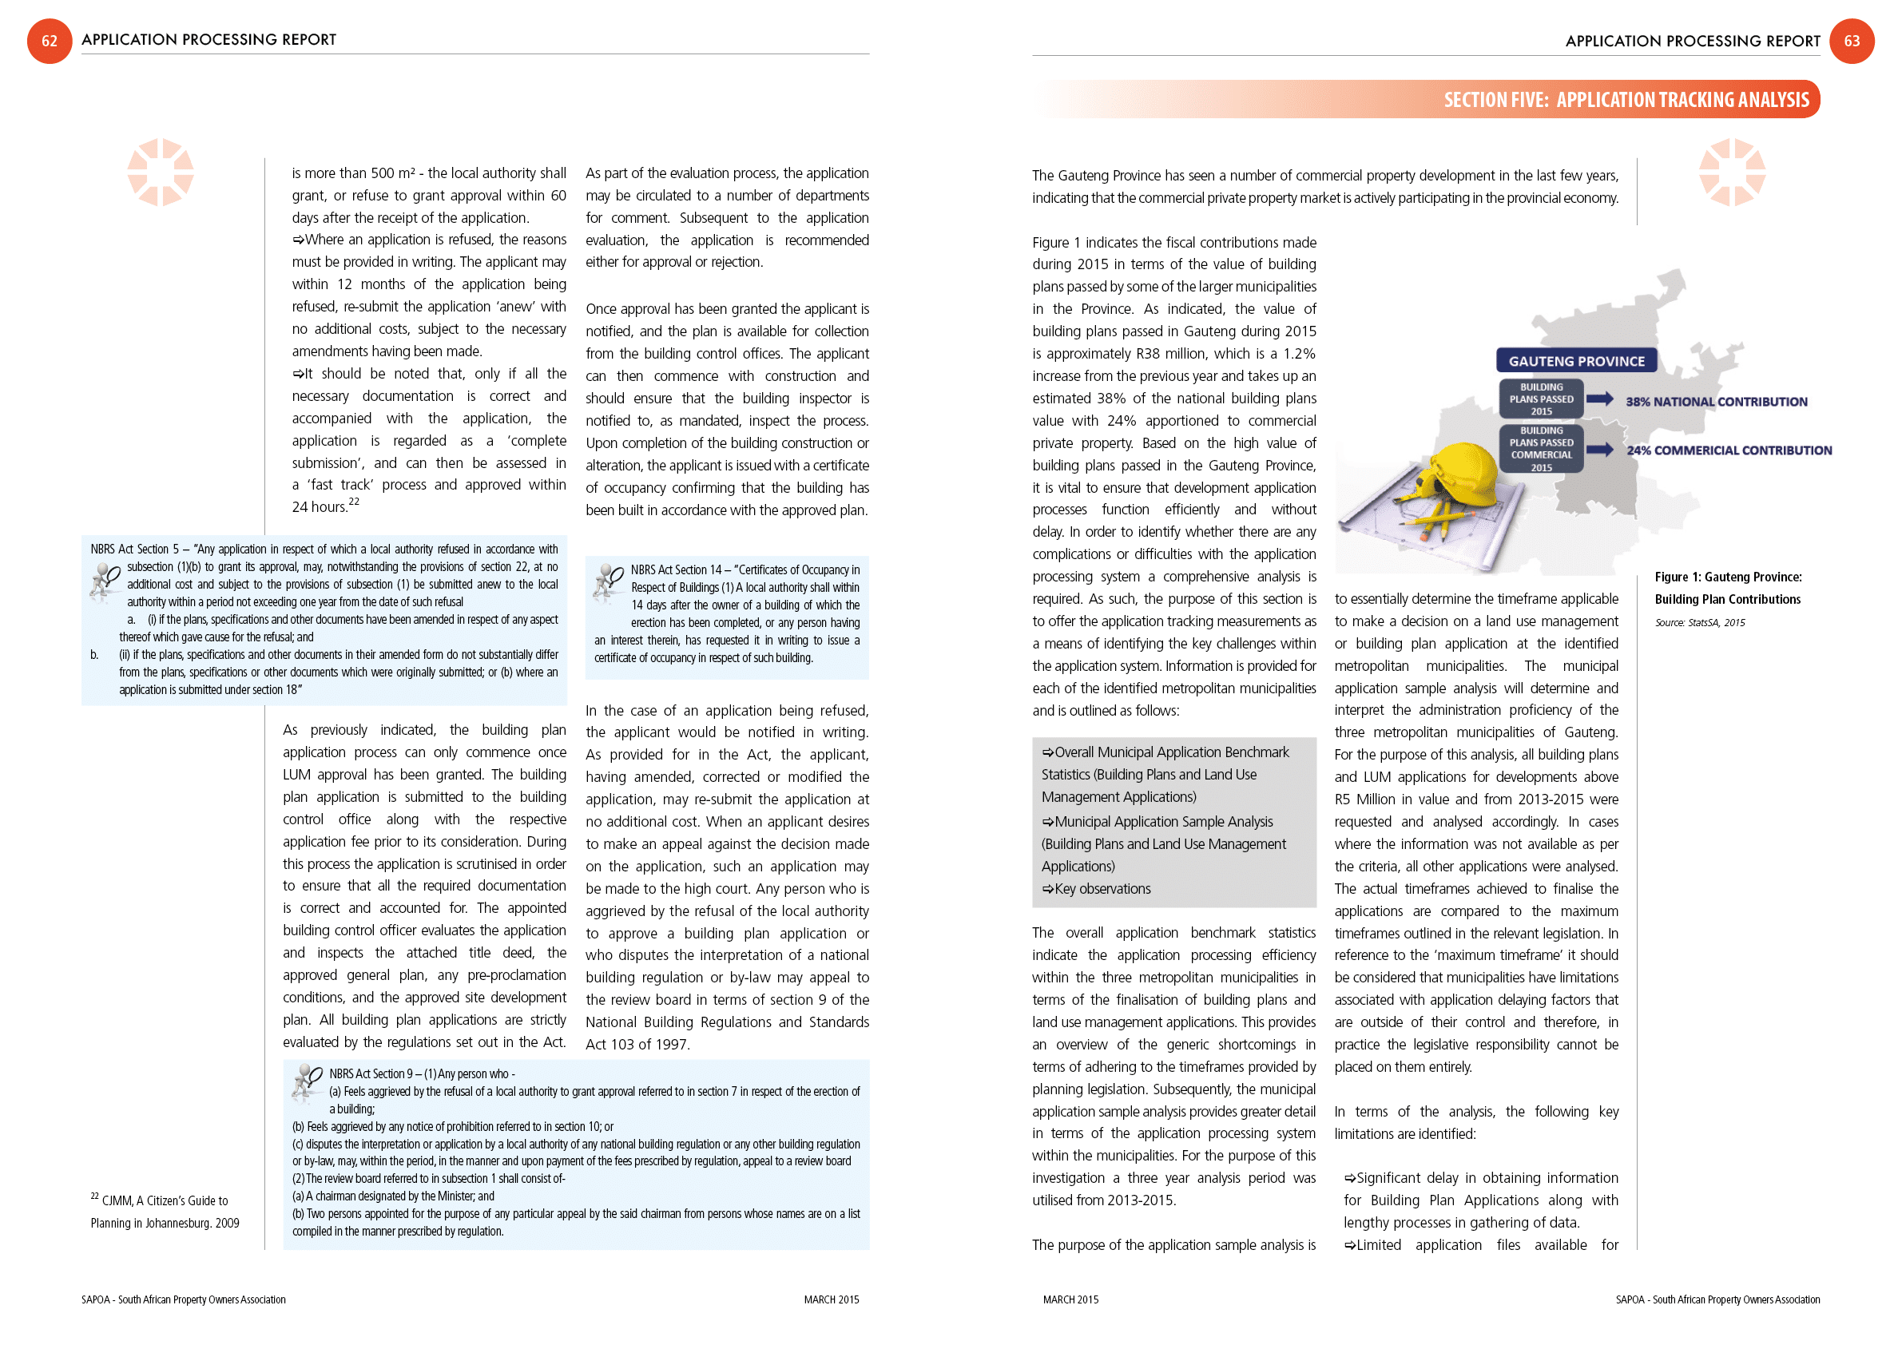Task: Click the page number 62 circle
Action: point(50,41)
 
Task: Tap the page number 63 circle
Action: point(1852,41)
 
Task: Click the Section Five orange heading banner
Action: point(1626,99)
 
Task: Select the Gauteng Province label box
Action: point(1575,361)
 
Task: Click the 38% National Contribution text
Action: point(1716,402)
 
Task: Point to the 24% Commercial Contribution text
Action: point(1728,450)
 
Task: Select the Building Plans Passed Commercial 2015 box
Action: point(1541,449)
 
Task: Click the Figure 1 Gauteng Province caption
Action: point(1727,588)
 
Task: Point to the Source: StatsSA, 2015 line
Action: point(1699,623)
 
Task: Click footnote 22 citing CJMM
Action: point(165,1211)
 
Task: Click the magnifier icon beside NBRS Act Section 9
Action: point(308,1081)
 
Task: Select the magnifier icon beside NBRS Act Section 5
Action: point(105,579)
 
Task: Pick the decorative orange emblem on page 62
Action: point(160,173)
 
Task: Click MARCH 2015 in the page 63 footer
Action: point(1070,1299)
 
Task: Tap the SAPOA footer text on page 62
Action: point(183,1299)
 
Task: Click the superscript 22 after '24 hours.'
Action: point(354,501)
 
